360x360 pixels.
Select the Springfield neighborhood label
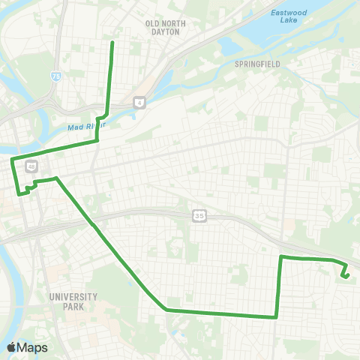coord(257,64)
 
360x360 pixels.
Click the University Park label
coord(73,301)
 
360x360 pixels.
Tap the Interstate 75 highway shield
coord(56,76)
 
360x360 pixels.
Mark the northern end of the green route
coord(112,42)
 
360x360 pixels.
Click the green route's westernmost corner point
coord(11,160)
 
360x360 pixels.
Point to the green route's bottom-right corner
coord(277,316)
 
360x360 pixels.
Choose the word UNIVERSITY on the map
coord(73,297)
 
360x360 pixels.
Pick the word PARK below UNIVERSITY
coord(73,306)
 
